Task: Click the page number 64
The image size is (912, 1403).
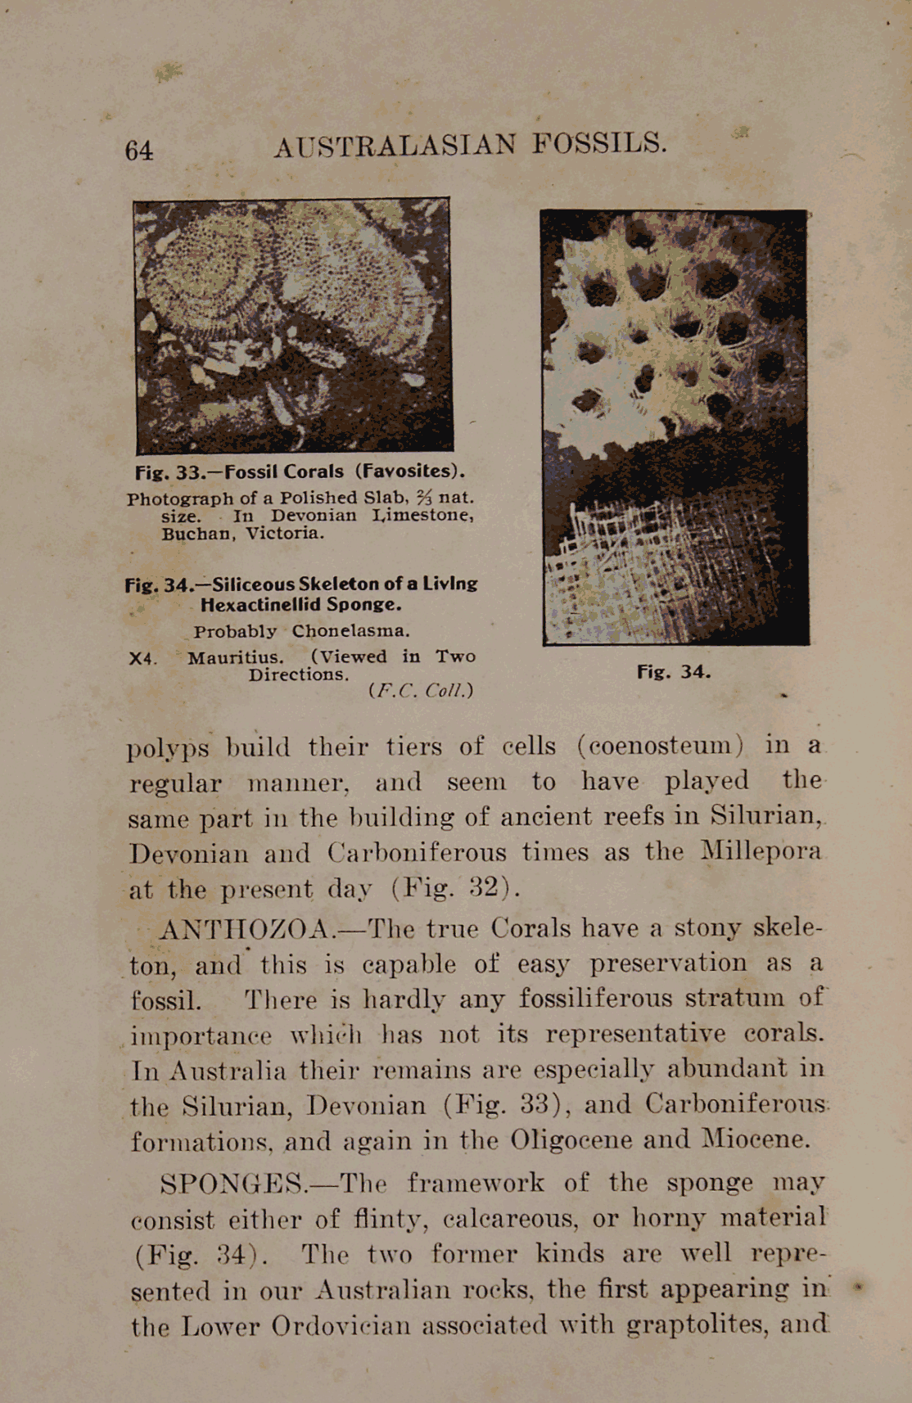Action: [x=138, y=151]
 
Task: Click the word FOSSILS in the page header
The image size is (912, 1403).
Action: [x=599, y=144]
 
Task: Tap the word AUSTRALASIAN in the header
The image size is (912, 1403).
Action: [x=395, y=147]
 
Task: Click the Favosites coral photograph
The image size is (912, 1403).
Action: [x=293, y=325]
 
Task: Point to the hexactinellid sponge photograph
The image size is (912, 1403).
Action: [x=675, y=427]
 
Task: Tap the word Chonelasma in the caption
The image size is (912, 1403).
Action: [x=350, y=631]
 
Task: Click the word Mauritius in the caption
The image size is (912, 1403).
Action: [x=236, y=658]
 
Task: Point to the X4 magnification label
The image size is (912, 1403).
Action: [x=142, y=659]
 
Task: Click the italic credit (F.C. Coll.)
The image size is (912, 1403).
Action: [x=421, y=691]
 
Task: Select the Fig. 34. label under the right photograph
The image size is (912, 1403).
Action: [x=674, y=673]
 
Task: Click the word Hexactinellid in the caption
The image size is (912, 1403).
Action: [x=259, y=605]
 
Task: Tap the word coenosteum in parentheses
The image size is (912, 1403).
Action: [x=660, y=747]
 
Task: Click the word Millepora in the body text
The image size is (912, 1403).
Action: [x=761, y=851]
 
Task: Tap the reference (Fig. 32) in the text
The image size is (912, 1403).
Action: [x=454, y=888]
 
